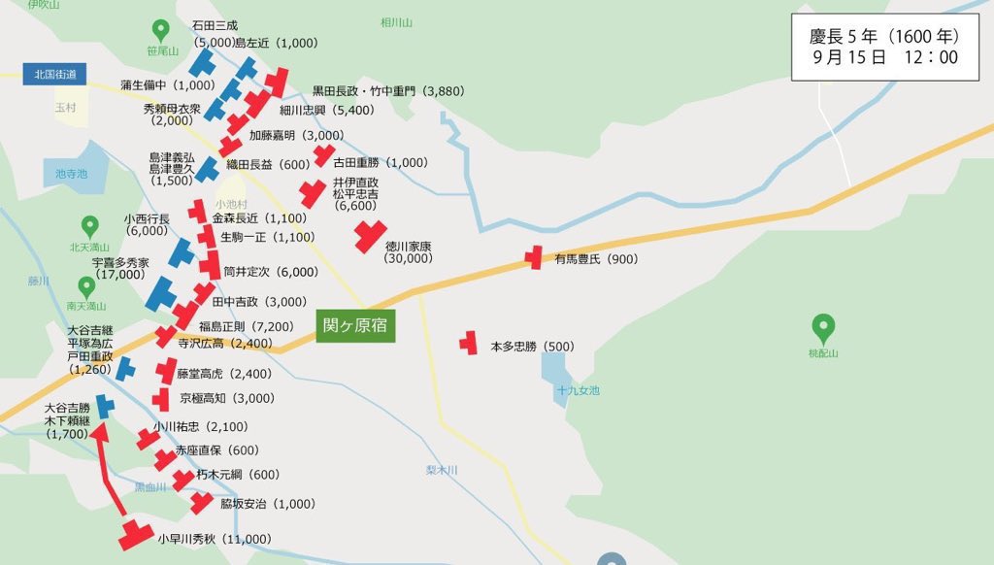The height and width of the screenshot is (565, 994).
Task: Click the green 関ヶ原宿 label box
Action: tap(354, 325)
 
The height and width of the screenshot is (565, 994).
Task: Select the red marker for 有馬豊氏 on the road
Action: tap(533, 258)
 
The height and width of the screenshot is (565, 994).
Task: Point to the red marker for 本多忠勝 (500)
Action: tap(470, 343)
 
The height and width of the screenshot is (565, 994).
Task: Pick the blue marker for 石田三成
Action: tap(202, 63)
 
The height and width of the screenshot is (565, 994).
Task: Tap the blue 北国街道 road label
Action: tap(54, 74)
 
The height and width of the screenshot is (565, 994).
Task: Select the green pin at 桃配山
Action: tap(824, 327)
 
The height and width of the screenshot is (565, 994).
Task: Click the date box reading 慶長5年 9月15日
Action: tap(883, 47)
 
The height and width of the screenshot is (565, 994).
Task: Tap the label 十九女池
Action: tap(578, 390)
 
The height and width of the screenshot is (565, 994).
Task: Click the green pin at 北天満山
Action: tap(89, 225)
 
